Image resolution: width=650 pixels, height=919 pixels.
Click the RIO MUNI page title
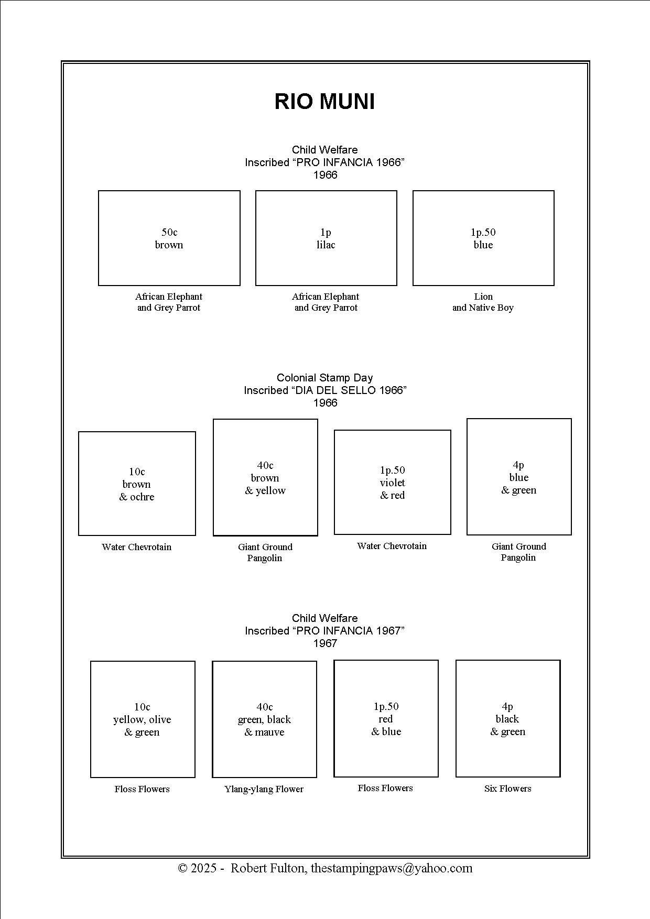(325, 101)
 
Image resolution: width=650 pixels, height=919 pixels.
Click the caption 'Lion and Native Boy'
(483, 302)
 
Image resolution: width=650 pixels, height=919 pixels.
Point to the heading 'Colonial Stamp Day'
(325, 377)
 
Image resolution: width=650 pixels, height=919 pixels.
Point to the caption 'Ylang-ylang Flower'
(264, 789)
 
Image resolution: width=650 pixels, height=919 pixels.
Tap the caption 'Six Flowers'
(508, 789)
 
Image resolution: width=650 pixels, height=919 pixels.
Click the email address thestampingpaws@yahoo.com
(392, 868)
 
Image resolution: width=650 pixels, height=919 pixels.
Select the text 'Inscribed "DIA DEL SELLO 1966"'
(325, 390)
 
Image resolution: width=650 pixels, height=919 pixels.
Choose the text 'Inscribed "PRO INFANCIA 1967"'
(325, 631)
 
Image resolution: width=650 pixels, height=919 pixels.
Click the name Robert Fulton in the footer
(267, 868)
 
